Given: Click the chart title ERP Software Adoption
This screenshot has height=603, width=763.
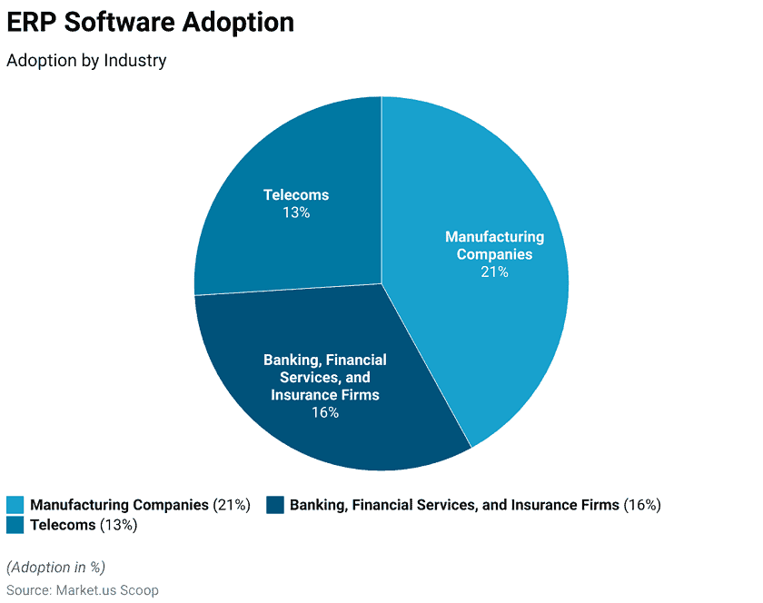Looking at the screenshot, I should pyautogui.click(x=151, y=23).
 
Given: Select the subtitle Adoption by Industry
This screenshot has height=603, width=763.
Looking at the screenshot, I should pyautogui.click(x=86, y=61).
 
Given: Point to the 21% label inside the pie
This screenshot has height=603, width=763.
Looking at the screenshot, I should pyautogui.click(x=494, y=272).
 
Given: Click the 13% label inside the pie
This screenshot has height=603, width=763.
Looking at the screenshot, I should pyautogui.click(x=296, y=213).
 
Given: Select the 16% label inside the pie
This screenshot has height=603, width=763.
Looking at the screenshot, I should pyautogui.click(x=324, y=412).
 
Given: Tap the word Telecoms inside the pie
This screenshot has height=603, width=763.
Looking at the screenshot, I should pyautogui.click(x=296, y=195).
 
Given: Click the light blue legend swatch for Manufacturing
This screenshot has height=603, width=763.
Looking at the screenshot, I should pyautogui.click(x=15, y=505).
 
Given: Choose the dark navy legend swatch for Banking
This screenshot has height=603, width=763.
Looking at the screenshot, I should pyautogui.click(x=275, y=505).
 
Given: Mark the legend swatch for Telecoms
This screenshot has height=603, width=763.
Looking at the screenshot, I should pyautogui.click(x=15, y=525).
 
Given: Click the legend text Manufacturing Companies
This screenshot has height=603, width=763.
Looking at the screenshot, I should pyautogui.click(x=119, y=505).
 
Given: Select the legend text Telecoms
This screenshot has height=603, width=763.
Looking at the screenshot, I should pyautogui.click(x=63, y=525).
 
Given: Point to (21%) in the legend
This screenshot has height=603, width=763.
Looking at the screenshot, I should pyautogui.click(x=232, y=505).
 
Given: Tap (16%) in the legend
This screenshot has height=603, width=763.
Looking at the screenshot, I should pyautogui.click(x=642, y=505).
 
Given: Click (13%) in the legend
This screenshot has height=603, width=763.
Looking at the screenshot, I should pyautogui.click(x=118, y=525).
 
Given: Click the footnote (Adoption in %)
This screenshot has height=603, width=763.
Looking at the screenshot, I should pyautogui.click(x=56, y=568).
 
